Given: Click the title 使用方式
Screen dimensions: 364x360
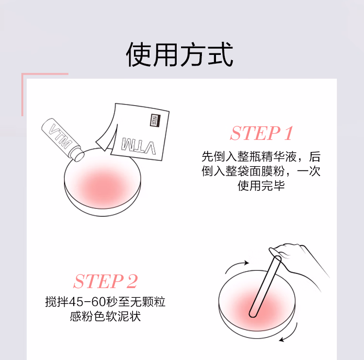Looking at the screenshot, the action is point(180,54).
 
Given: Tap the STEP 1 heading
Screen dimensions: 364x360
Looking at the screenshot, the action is point(262,133).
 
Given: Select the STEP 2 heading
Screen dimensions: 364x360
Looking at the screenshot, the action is point(106,281).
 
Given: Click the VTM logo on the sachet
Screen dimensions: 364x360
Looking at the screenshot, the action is point(139,146).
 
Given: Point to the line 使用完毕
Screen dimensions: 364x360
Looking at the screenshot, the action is point(261,186).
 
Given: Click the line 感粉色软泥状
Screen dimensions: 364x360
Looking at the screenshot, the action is point(105,316).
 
